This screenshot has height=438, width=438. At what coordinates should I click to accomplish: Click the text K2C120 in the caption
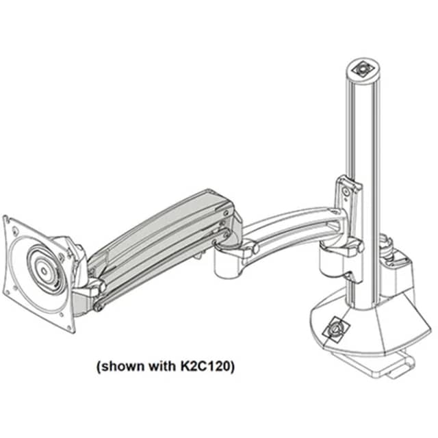(x=205, y=366)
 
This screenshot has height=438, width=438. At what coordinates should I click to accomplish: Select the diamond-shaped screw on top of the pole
(x=363, y=68)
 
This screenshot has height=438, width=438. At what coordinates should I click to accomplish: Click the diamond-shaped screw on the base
(x=335, y=329)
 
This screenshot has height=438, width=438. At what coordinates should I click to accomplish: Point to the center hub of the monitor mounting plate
(x=44, y=270)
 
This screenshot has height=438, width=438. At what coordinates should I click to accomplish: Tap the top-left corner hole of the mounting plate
(x=14, y=231)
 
